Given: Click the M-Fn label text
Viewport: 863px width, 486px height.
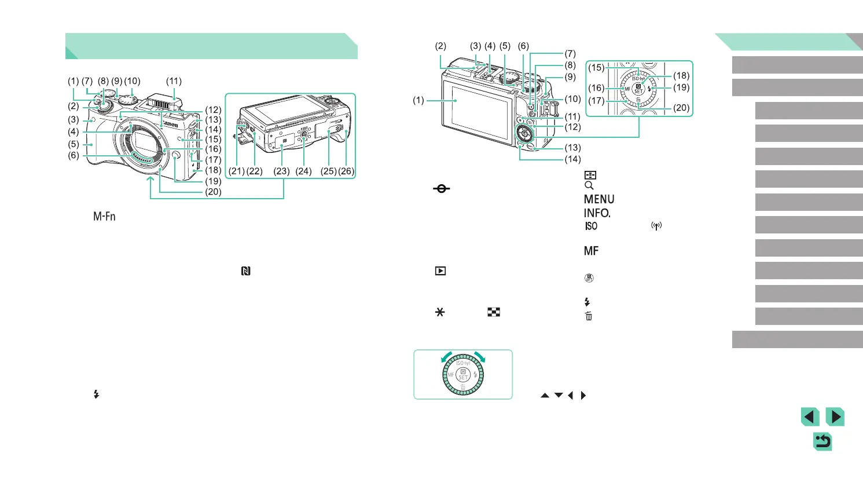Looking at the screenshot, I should tap(104, 217).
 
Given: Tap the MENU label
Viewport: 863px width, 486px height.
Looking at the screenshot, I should tap(598, 199).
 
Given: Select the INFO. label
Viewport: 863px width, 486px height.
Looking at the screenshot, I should tap(597, 213).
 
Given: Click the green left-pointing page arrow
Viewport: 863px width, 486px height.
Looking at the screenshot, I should tap(810, 417).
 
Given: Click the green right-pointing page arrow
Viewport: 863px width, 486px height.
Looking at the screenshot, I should tap(835, 417).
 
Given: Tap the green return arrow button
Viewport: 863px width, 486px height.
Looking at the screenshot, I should tap(822, 442).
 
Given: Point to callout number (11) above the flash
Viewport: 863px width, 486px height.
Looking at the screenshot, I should tap(174, 81).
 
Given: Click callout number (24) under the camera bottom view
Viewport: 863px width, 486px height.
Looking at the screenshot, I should tap(303, 171).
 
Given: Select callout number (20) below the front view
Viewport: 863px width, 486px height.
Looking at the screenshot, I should tap(213, 192).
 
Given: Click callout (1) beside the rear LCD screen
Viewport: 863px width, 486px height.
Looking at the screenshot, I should tap(418, 100).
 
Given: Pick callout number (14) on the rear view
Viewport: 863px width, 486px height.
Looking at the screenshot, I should tap(572, 159).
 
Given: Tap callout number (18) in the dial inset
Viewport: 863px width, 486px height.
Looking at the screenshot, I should tap(681, 75).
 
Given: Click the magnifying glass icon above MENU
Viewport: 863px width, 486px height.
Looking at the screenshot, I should tap(589, 186).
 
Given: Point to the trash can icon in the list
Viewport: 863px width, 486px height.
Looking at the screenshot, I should tap(589, 316).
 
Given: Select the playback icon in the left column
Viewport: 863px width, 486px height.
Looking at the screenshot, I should tap(440, 271).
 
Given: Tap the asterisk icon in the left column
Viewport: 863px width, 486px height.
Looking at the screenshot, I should tap(440, 312).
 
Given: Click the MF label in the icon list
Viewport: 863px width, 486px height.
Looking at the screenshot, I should tap(591, 251).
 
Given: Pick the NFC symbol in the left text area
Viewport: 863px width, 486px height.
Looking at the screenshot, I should tap(246, 271).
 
